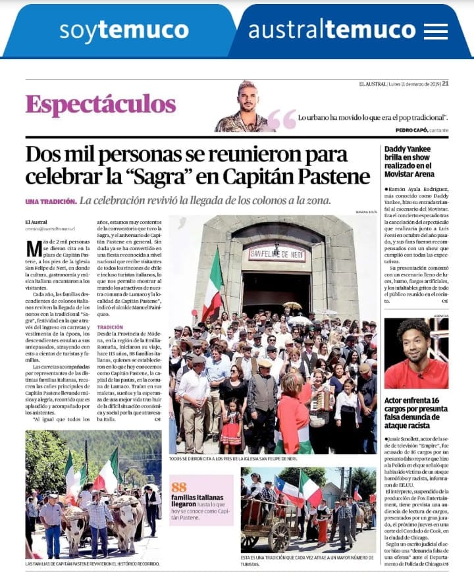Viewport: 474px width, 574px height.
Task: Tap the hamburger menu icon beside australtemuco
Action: pos(436,31)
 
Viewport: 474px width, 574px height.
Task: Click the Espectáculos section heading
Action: pos(101,104)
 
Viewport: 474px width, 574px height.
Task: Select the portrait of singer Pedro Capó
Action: pos(246,107)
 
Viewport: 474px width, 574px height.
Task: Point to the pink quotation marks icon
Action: pos(282,118)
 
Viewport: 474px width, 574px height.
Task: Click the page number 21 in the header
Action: pos(445,84)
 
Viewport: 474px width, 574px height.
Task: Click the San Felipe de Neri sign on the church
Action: pos(276,252)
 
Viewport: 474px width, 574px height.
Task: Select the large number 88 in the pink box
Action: pos(178,485)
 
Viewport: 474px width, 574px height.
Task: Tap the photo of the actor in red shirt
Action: pos(416,353)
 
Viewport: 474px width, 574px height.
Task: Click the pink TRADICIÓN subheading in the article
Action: pos(110,326)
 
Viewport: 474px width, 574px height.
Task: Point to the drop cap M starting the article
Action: pos(32,249)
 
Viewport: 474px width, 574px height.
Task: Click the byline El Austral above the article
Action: pos(37,222)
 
